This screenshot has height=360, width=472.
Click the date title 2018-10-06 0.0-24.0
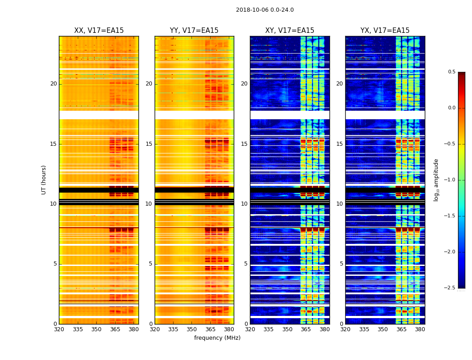[x=265, y=10]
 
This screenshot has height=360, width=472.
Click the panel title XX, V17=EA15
[x=99, y=31]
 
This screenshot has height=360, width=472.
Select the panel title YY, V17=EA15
[x=194, y=31]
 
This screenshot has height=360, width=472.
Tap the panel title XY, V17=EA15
[x=289, y=31]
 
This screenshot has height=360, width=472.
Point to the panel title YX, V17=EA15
[x=385, y=31]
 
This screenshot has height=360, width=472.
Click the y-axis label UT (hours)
[x=44, y=180]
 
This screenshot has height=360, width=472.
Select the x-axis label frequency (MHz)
[x=217, y=338]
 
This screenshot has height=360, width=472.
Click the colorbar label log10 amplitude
[x=436, y=180]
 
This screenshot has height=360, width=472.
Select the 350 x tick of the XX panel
[x=96, y=329]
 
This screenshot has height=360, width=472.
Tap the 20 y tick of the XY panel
[x=244, y=84]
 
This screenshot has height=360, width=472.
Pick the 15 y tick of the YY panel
[x=149, y=144]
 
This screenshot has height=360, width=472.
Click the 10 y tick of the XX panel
[x=53, y=204]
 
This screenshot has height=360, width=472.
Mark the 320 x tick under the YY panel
[x=155, y=329]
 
